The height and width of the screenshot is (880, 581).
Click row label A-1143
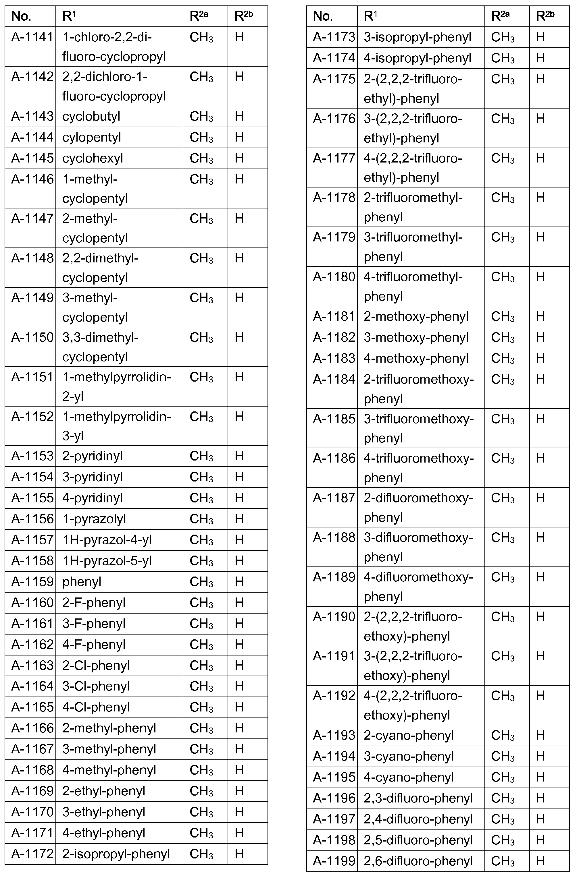32,116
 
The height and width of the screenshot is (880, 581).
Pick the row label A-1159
32,582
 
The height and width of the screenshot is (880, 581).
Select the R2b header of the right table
545,16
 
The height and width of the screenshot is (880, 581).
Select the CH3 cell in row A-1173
503,37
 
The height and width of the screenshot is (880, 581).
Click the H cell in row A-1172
239,854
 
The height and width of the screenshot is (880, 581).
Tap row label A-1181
334,316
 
